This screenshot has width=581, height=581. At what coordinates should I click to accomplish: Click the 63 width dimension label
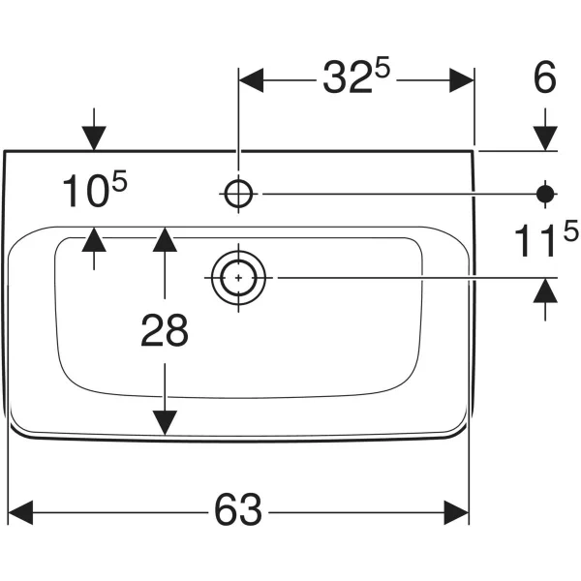(x=238, y=509)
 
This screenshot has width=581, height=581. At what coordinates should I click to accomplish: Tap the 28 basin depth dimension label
(x=165, y=330)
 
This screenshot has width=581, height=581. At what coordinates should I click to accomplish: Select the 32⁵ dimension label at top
(x=356, y=76)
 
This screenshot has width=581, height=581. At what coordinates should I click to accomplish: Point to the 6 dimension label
(x=544, y=77)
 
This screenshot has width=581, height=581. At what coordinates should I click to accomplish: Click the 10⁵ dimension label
(x=95, y=189)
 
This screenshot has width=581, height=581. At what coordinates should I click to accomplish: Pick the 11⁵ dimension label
(x=546, y=238)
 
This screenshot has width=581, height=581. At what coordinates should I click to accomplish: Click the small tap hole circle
(x=238, y=194)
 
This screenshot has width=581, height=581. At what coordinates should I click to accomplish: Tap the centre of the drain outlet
(x=238, y=278)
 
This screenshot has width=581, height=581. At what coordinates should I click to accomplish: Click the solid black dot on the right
(x=545, y=194)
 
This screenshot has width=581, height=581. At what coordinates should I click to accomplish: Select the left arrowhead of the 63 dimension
(x=20, y=512)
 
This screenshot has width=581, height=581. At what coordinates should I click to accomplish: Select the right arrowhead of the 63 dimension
(x=456, y=512)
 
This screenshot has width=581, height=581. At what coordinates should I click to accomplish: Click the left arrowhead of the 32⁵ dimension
(x=251, y=80)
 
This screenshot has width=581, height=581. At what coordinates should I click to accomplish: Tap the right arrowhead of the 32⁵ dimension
(x=462, y=80)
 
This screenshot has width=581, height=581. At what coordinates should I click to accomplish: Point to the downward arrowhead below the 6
(x=545, y=138)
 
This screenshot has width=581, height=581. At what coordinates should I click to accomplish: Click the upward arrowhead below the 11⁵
(x=545, y=290)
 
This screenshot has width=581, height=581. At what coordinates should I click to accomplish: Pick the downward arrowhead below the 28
(x=165, y=423)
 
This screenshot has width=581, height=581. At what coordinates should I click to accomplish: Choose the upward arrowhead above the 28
(x=165, y=239)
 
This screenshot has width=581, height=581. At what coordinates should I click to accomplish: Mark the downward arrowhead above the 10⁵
(x=94, y=138)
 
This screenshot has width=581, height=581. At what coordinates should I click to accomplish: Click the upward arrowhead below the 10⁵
(x=94, y=239)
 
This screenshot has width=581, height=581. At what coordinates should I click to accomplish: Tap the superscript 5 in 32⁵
(x=382, y=67)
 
